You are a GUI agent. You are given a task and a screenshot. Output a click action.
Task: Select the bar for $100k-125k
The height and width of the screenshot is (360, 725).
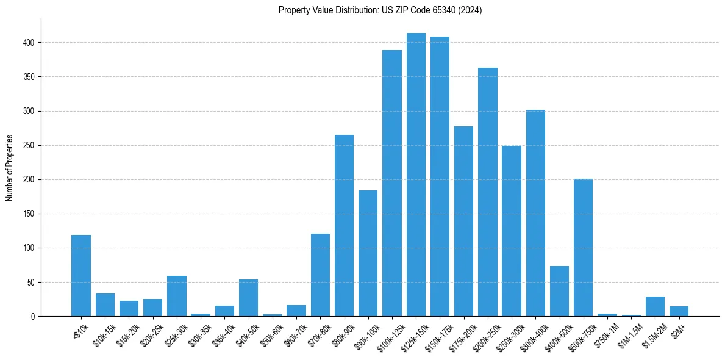392,183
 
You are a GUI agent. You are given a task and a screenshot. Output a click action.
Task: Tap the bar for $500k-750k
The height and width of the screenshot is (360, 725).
583,248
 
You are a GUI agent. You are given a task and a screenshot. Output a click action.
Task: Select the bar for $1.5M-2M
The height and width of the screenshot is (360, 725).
655,306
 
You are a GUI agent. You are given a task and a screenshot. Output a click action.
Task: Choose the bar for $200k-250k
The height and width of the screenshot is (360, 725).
488,192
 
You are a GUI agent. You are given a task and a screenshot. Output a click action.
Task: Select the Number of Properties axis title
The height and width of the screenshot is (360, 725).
9,168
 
